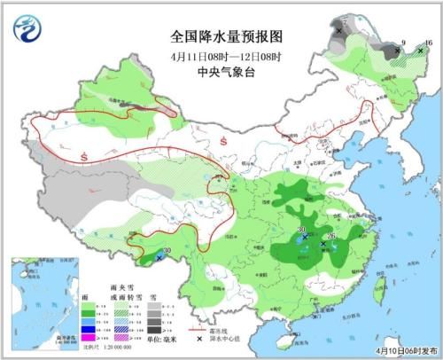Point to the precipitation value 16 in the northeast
tap(428, 43)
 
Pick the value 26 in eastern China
tap(332, 236)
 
